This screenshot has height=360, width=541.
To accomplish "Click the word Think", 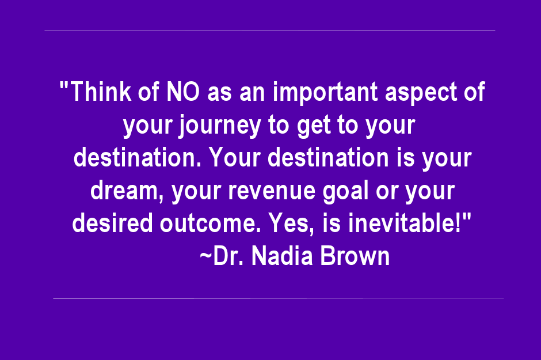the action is click(101, 92).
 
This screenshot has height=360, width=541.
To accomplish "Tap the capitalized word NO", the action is click(183, 92).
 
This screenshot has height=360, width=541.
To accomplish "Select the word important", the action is click(325, 93).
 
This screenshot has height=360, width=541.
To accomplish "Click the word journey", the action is click(220, 126).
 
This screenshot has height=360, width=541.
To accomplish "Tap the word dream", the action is click(124, 190).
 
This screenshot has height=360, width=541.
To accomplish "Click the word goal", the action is click(345, 192).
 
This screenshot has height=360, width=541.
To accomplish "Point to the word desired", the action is click(112, 223).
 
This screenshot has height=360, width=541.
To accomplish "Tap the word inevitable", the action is click(402, 223).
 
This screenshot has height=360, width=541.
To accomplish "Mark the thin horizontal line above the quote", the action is click(270, 31).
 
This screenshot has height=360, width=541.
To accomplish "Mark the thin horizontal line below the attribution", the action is click(279, 298).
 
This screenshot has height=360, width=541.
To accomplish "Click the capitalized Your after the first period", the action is click(235, 157).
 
